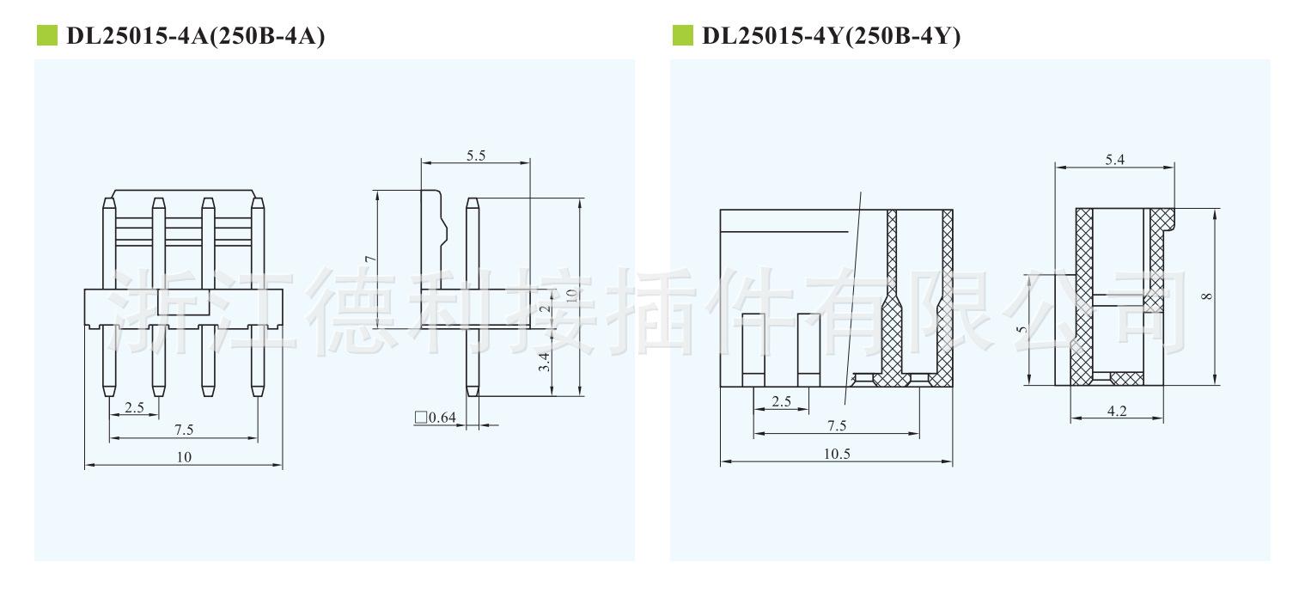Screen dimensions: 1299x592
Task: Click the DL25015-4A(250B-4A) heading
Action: (195, 36)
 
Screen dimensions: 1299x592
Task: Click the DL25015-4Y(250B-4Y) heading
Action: (831, 36)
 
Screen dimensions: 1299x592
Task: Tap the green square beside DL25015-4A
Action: (47, 35)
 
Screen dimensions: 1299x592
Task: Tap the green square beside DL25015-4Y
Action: (682, 35)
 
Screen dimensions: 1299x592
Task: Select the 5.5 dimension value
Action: (476, 156)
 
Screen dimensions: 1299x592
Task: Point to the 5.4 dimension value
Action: (1114, 160)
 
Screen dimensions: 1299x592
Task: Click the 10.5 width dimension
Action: (837, 454)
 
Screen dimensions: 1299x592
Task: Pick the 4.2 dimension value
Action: (1117, 411)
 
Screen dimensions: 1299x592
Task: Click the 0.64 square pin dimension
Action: (436, 418)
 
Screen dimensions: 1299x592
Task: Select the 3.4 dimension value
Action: (544, 362)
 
